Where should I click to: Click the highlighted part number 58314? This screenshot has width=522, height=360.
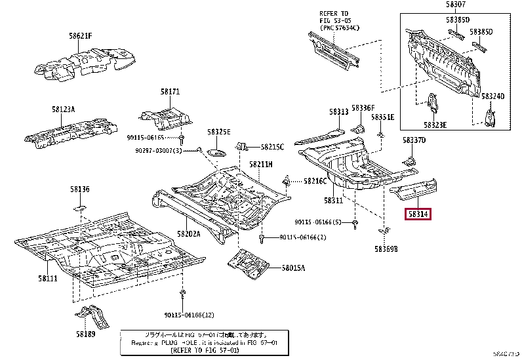tap(418, 213)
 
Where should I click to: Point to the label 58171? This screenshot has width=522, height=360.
tap(170, 92)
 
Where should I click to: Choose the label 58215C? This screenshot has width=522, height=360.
tap(272, 147)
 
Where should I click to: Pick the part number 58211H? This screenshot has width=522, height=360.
tap(261, 164)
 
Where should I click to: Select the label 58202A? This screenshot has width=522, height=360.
tap(188, 233)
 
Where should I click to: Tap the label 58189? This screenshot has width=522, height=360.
tap(85, 334)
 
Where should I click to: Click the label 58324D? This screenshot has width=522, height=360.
tap(493, 96)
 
